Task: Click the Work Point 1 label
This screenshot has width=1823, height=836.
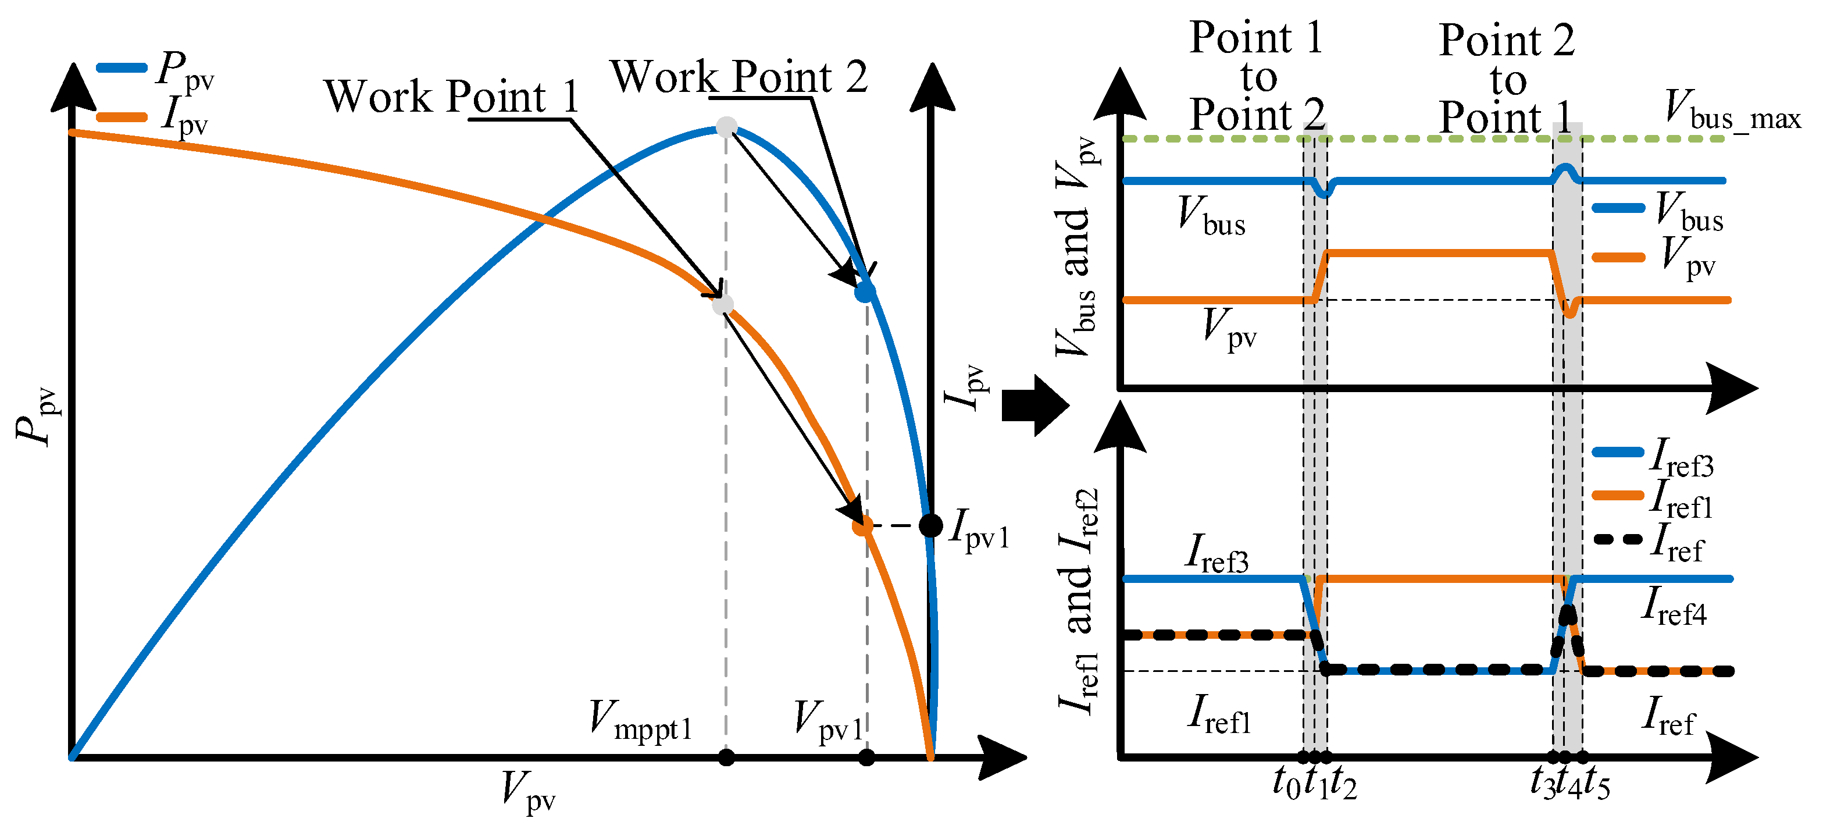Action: pos(451,97)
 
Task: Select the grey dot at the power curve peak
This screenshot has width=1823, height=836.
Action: pos(727,127)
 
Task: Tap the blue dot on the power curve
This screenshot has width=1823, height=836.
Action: pos(865,291)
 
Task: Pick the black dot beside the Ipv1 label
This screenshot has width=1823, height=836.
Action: pos(930,525)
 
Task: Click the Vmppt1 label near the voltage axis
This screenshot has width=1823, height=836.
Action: pos(640,721)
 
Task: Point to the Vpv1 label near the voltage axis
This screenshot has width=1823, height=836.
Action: pos(829,721)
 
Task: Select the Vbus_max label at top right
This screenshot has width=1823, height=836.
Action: pos(1732,110)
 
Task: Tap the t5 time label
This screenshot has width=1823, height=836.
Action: pos(1597,784)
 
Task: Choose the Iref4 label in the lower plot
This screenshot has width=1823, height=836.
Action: pos(1674,607)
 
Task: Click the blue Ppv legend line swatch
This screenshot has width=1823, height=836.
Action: pos(121,68)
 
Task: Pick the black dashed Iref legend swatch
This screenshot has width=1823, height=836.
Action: pos(1618,539)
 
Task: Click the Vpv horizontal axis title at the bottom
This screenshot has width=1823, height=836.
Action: pos(528,791)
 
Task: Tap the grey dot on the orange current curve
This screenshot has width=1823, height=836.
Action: pos(723,304)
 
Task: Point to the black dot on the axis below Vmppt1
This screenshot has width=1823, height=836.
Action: pos(726,757)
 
